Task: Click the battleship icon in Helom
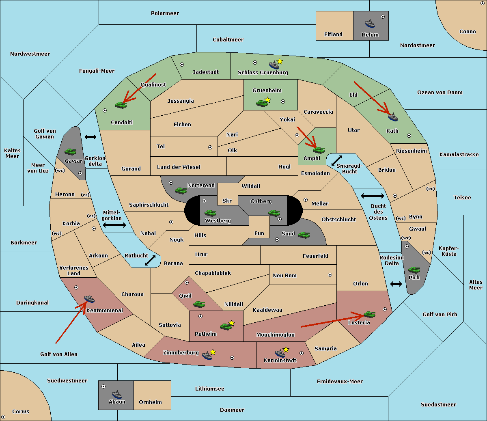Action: coord(370,24)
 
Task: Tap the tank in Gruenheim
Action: coord(262,103)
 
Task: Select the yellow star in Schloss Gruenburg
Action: coord(280,62)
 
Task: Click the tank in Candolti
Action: coord(121,105)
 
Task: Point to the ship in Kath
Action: coord(393,117)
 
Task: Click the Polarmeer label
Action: coord(165,13)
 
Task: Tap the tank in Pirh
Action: coord(414,270)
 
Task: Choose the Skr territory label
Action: coord(227,201)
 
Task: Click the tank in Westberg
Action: coord(210,213)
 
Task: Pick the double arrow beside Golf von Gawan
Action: coord(91,137)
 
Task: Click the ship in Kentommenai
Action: coord(89,298)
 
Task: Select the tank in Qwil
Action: coord(199,304)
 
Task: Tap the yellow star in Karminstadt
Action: coord(286,349)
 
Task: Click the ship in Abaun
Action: coord(117,395)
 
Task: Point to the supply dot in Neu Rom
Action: coord(330,275)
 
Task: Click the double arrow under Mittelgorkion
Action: coord(114,225)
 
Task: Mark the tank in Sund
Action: coord(304,235)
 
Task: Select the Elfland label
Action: coord(333,34)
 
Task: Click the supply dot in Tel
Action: coord(210,147)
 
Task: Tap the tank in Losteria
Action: coord(369,314)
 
